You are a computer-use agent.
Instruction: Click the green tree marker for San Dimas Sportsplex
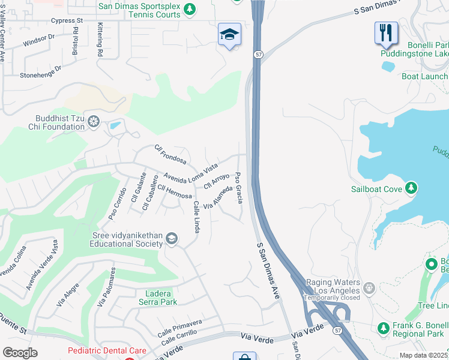(190, 9)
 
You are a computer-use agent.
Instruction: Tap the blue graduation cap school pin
(229, 35)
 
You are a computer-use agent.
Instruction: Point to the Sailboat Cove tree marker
(411, 189)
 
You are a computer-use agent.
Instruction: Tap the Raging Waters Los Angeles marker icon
(369, 287)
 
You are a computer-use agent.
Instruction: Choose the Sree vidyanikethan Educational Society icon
(172, 239)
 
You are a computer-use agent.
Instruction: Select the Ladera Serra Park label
(153, 298)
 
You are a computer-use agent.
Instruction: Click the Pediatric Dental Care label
(107, 350)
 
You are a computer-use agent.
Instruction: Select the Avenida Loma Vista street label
(190, 172)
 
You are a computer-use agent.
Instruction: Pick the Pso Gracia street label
(239, 187)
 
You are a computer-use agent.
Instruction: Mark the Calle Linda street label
(196, 217)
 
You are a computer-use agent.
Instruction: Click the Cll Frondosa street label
(170, 154)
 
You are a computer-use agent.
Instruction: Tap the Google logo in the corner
(20, 352)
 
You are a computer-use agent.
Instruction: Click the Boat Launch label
(424, 76)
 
